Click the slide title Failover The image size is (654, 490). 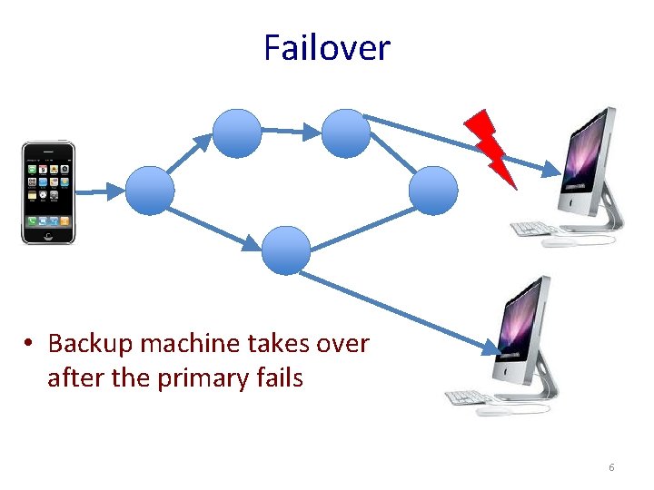pyautogui.click(x=326, y=47)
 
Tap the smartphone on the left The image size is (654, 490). pyautogui.click(x=48, y=191)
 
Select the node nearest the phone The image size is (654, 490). pyautogui.click(x=149, y=191)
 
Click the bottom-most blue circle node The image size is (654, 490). pyautogui.click(x=286, y=250)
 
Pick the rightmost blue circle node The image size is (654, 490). pyautogui.click(x=433, y=191)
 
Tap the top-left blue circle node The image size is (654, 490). pyautogui.click(x=237, y=132)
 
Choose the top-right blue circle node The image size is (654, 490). pyautogui.click(x=346, y=132)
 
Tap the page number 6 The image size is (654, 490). pyautogui.click(x=611, y=467)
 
